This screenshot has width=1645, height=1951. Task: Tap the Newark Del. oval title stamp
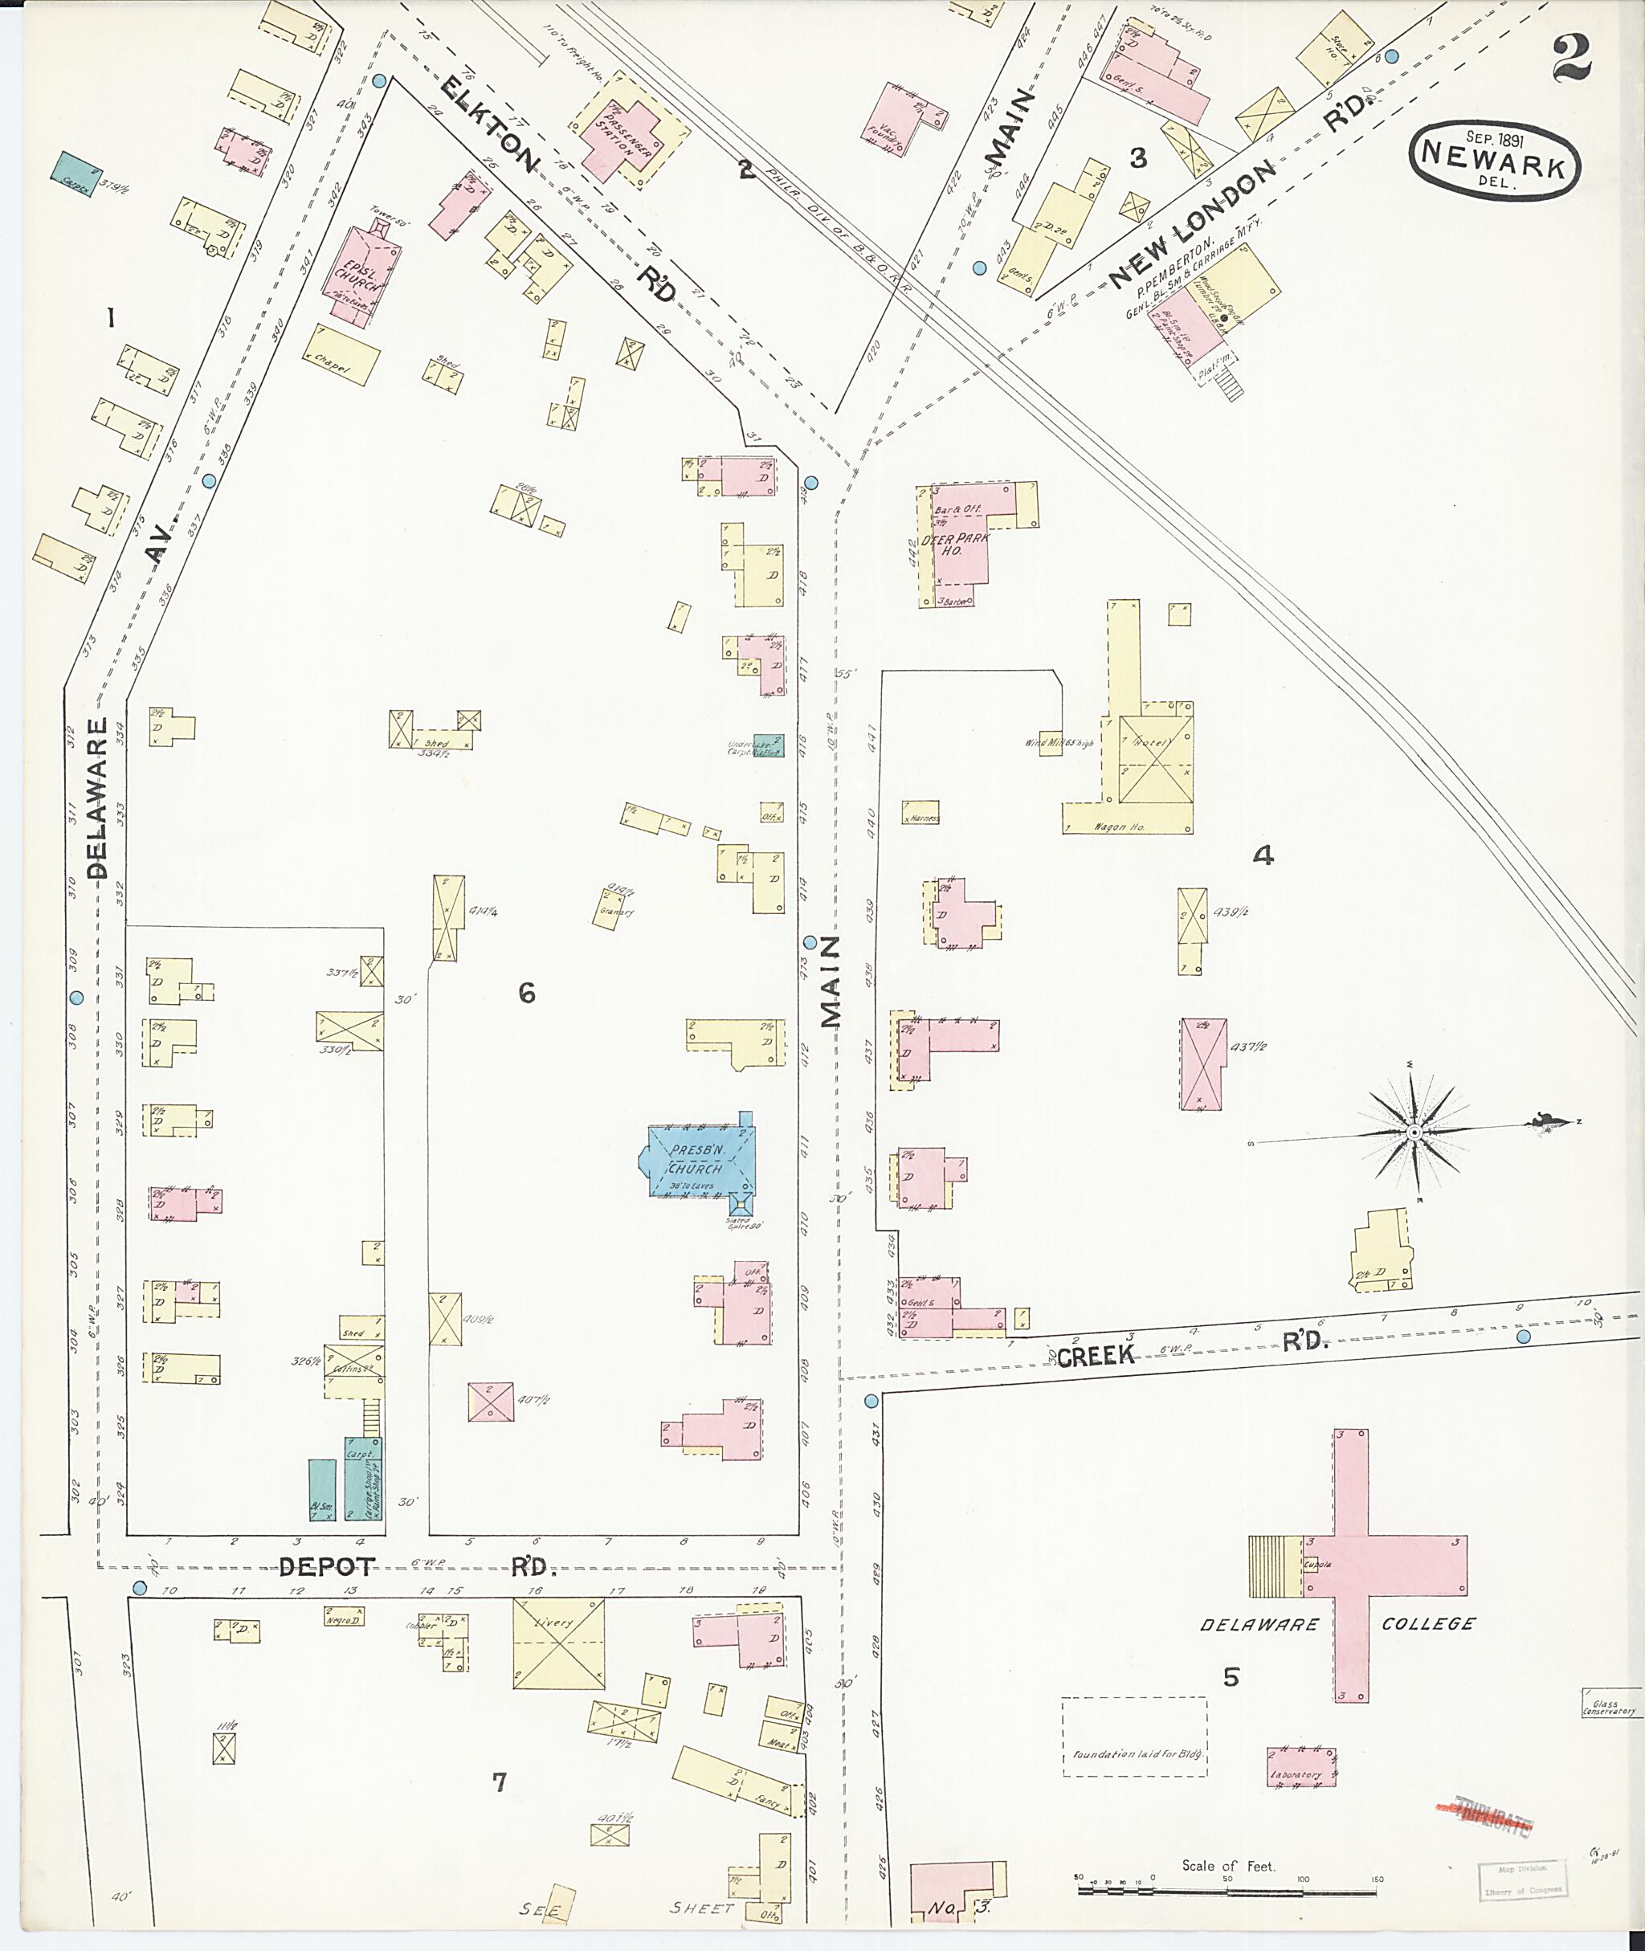[x=1495, y=162]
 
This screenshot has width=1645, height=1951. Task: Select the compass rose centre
[x=1414, y=1133]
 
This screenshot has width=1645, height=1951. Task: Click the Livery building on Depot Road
[x=558, y=1644]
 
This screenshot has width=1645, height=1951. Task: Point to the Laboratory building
[x=1301, y=1766]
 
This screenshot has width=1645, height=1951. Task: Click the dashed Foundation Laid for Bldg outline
[x=1134, y=1737]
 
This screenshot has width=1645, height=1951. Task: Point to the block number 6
[x=527, y=994]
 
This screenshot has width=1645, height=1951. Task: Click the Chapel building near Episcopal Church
[x=341, y=355]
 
